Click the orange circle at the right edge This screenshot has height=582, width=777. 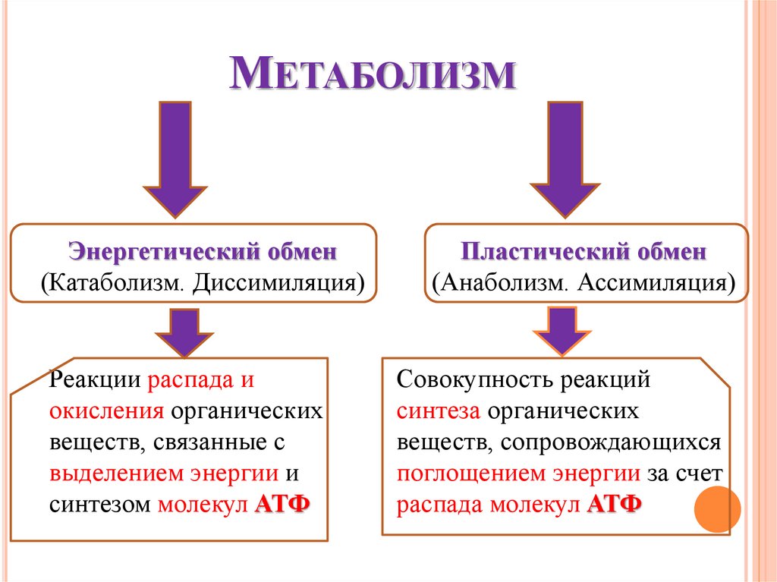718,508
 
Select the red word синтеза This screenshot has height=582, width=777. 438,411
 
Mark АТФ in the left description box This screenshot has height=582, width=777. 282,505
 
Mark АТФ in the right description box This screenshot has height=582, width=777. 614,505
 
